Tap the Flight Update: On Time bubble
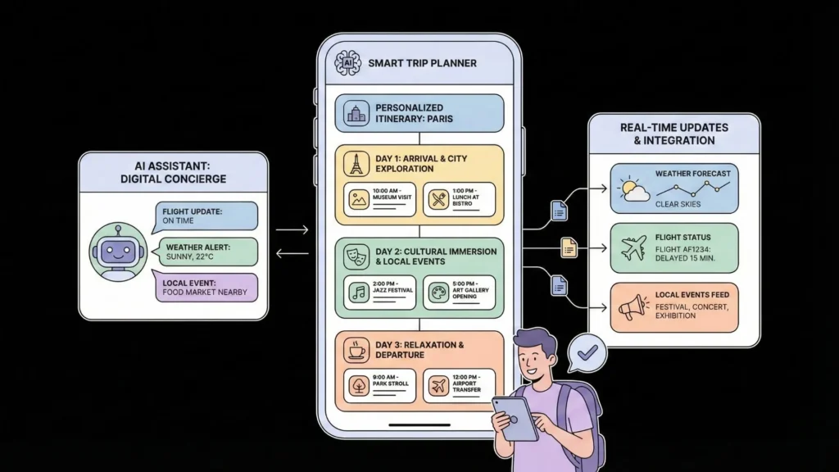click(205, 216)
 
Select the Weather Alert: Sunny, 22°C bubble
click(205, 252)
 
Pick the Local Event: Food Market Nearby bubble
click(205, 288)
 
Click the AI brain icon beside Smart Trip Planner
click(347, 63)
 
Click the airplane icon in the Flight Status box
click(633, 247)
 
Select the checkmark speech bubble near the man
click(587, 352)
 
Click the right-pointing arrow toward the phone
click(292, 230)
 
